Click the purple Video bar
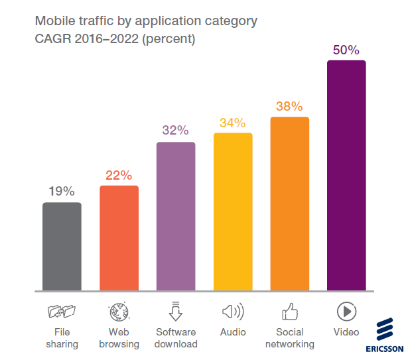point(346,176)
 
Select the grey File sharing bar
point(62,247)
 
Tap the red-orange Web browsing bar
point(119,238)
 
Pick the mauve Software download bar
point(176,217)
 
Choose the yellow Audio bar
point(233,212)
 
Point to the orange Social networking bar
point(290,204)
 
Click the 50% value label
point(346,50)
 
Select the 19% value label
point(62,192)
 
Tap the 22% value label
point(119,176)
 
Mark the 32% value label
point(176,131)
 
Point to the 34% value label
point(233,123)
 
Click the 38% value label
point(290,107)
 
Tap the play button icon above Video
point(346,311)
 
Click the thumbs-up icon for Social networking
point(290,311)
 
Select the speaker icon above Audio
point(233,311)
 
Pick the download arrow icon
point(176,310)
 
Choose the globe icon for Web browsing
point(119,311)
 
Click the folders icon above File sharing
point(62,311)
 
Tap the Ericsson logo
point(385,335)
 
